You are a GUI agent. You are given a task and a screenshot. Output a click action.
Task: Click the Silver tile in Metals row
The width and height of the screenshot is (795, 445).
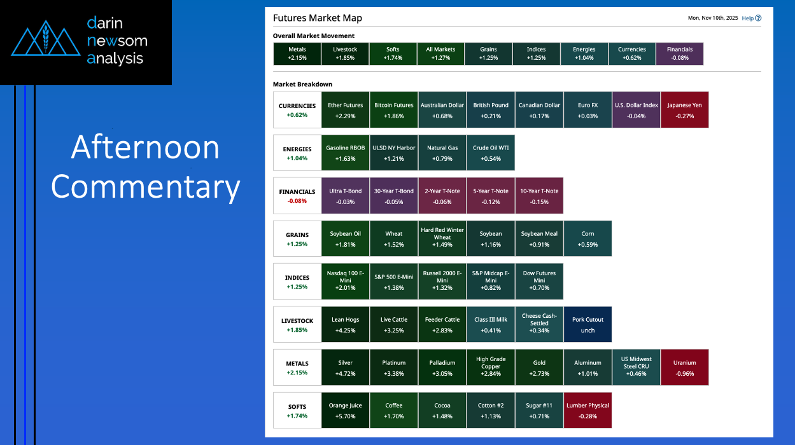click(346, 367)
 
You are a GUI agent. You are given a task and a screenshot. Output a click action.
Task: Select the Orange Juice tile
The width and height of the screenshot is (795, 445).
click(346, 410)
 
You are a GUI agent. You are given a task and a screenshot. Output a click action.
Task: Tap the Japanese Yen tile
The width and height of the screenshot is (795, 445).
click(684, 110)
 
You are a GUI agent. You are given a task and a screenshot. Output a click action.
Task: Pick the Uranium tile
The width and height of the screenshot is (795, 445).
click(684, 367)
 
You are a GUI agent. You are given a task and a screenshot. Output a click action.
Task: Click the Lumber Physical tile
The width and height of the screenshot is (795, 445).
click(587, 410)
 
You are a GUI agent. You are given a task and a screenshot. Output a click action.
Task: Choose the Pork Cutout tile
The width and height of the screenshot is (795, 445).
click(587, 324)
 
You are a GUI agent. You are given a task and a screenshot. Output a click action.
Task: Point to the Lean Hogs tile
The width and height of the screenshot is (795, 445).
click(346, 324)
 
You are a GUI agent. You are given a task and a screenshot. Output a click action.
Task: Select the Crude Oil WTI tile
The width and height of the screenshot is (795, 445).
click(490, 153)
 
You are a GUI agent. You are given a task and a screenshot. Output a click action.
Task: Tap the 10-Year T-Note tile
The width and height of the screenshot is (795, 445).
click(538, 196)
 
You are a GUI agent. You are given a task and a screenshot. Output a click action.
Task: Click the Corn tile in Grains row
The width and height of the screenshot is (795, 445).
click(587, 238)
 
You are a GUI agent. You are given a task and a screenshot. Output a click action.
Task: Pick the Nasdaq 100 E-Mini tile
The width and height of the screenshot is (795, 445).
click(346, 281)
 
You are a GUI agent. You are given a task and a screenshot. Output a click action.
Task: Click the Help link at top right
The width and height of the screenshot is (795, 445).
click(751, 18)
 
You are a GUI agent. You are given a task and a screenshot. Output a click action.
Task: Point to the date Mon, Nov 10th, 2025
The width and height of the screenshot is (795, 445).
click(713, 18)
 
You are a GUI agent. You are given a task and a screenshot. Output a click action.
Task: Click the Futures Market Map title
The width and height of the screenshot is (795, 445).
click(317, 18)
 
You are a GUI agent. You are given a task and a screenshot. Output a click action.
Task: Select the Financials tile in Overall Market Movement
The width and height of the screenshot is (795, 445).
click(679, 53)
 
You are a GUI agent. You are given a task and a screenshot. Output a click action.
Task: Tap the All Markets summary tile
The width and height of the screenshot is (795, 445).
click(440, 53)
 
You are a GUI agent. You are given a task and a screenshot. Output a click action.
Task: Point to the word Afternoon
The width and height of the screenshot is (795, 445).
click(145, 147)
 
